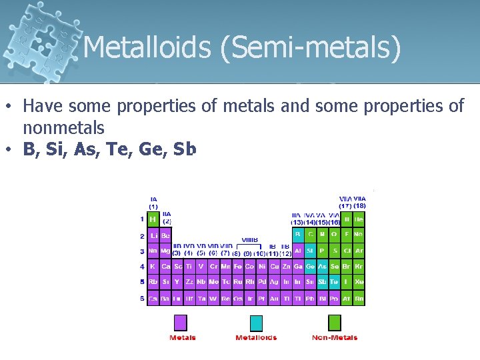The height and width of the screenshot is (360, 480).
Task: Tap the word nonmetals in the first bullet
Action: pos(64,127)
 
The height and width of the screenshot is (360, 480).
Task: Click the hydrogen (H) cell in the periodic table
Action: pos(153,219)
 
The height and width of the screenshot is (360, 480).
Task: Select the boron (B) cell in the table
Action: pos(298,235)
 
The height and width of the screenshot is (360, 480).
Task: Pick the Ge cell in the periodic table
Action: pos(310,267)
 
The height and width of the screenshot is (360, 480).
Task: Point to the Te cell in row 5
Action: pos(335,282)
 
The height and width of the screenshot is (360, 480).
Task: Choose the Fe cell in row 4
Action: pos(238,267)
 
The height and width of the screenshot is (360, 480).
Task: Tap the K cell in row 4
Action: pos(153,267)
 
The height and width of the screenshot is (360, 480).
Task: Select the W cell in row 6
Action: pos(213,299)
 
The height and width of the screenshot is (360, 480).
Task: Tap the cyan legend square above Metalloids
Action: pos(256,323)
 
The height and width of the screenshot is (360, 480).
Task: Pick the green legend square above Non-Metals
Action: pos(334,323)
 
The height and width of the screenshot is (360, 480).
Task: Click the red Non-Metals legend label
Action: pos(334,338)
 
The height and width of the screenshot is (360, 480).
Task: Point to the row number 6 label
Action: pos(142,298)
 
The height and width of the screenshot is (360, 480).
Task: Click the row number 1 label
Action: pos(142,219)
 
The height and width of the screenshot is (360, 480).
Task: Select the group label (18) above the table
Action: pos(359,206)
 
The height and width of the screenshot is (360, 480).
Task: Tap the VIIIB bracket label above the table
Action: pos(251,239)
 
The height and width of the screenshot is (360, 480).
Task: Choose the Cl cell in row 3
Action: pos(347,251)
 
